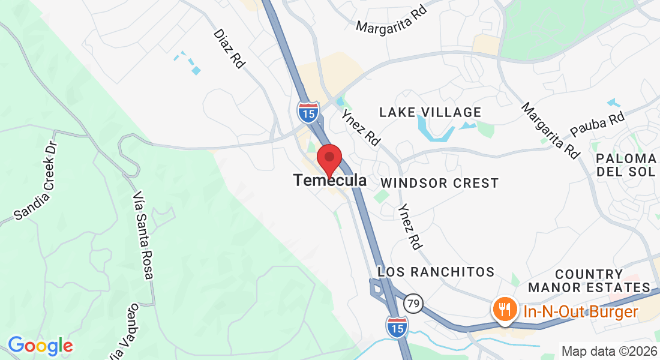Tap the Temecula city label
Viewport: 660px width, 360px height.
pos(330,180)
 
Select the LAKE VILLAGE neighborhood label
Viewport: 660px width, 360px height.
pos(430,112)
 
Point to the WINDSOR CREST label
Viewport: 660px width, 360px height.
pos(439,183)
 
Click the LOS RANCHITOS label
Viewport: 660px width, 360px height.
pos(436,272)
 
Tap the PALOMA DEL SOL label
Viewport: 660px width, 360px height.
pos(626,165)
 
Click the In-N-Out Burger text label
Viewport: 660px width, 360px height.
pos(580,312)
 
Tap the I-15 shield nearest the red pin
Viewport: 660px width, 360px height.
pos(308,112)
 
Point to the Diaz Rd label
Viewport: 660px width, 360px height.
pos(229,48)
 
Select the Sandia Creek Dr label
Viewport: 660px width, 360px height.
pos(36,180)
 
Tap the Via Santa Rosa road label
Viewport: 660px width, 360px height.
pos(143,236)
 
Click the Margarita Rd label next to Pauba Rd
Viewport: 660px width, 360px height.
pos(550,130)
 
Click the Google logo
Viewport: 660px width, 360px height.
pos(40,346)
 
